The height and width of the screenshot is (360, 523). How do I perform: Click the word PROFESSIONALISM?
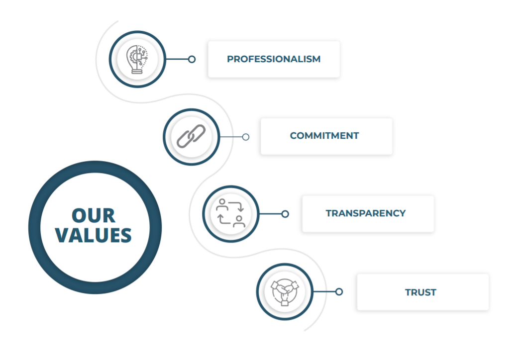tap(274, 59)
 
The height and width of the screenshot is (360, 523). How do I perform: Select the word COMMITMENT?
tap(324, 136)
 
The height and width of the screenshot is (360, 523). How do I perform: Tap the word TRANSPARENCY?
tap(366, 213)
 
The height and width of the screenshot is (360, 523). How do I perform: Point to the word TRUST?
tap(420, 292)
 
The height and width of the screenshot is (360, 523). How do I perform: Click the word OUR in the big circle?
tap(94, 216)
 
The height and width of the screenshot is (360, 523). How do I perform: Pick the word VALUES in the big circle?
tap(94, 235)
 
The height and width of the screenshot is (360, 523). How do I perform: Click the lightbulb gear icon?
tap(137, 59)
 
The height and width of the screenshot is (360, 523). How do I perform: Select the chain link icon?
tap(191, 136)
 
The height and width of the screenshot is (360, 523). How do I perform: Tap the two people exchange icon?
tap(230, 214)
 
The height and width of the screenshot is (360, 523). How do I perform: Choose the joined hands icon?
tap(284, 292)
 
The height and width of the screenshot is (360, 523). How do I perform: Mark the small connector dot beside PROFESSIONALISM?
tap(192, 59)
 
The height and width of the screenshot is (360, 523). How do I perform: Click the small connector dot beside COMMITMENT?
tap(245, 137)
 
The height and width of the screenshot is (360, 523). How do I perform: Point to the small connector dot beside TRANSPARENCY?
tap(285, 214)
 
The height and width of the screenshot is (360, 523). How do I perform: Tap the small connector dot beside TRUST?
tap(339, 292)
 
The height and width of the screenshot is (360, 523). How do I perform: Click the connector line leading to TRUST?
tap(324, 292)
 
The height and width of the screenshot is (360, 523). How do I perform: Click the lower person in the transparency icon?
tap(239, 221)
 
